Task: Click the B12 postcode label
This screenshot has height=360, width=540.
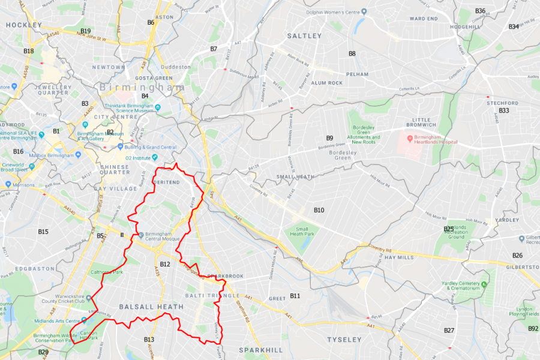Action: (x=165, y=265)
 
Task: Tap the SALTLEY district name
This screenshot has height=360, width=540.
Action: (x=304, y=36)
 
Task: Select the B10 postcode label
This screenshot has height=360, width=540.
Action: (x=319, y=210)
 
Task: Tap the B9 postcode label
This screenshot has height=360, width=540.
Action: (x=329, y=139)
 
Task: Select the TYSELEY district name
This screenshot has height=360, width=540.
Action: (x=344, y=340)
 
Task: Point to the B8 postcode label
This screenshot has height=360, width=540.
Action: (x=352, y=54)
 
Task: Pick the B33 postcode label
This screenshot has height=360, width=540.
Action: (x=503, y=111)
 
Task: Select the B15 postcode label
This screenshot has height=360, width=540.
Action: (x=43, y=232)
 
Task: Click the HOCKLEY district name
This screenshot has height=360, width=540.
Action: (x=23, y=25)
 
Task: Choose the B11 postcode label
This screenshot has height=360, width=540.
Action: (x=295, y=296)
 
